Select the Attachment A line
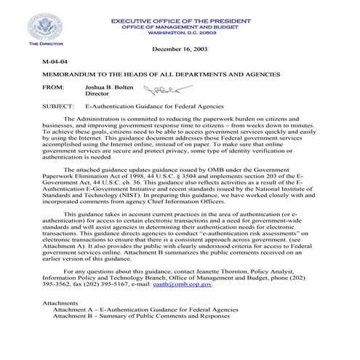pyautogui.click(x=145, y=309)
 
